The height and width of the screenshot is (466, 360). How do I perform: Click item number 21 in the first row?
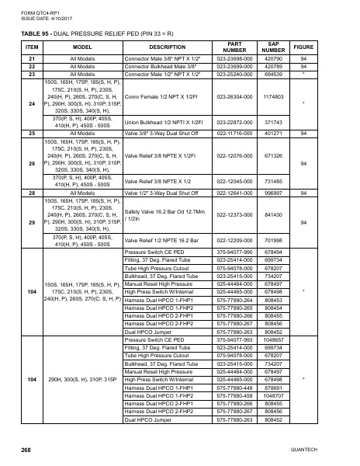click(x=31, y=59)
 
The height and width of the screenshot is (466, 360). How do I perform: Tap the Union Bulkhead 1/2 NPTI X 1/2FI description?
click(x=163, y=123)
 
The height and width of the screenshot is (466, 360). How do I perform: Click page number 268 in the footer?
click(x=26, y=450)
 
